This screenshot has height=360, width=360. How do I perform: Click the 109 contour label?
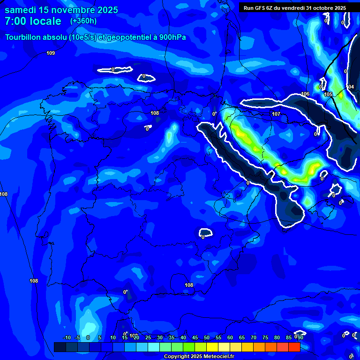coord(51,53)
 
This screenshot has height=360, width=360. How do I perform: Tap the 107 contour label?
coord(276,114)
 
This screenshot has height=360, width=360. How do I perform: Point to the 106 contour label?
coord(305,94)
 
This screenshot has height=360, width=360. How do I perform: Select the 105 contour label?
coord(328,94)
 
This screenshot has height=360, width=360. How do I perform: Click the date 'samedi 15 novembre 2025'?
coord(61,10)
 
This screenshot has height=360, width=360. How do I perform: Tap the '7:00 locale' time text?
coord(33,21)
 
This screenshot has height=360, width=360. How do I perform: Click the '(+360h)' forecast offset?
coord(83,21)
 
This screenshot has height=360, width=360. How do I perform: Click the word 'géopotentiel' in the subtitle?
coord(129,37)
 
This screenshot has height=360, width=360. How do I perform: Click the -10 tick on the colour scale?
coord(67,338)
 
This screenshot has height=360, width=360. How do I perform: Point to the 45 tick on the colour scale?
coord(195,338)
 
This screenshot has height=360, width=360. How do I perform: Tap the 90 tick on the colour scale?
coord(300,338)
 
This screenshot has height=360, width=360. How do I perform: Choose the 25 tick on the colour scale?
coord(148,338)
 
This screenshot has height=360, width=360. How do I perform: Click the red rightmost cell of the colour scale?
coord(294,347)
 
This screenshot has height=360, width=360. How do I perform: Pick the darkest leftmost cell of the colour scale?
coord(60,347)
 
